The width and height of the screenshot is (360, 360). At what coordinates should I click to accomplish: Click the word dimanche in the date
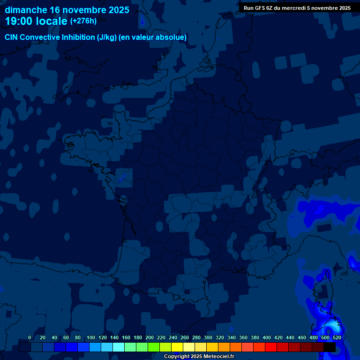(26, 10)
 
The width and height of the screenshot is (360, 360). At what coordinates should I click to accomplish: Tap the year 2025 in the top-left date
(117, 10)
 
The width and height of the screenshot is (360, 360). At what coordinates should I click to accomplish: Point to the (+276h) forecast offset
(83, 21)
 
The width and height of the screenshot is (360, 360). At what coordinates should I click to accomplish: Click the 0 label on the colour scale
(30, 337)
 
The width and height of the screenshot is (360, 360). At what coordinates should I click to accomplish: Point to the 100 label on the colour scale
(91, 337)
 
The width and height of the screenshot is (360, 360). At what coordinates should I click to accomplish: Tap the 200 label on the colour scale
(150, 337)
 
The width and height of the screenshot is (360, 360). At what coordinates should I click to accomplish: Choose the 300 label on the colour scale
(208, 337)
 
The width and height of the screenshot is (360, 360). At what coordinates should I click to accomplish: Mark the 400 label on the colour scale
(267, 337)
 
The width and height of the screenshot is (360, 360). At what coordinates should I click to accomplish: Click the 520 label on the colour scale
(337, 337)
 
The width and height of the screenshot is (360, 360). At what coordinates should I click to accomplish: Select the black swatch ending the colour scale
(330, 347)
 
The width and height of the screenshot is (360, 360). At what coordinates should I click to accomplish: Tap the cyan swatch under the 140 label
(119, 347)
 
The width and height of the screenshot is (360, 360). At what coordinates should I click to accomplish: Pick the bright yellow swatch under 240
(177, 347)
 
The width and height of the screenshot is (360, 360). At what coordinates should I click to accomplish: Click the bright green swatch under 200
(154, 347)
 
